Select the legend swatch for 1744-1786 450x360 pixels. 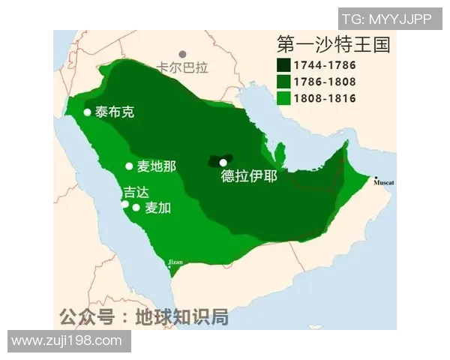[285, 65]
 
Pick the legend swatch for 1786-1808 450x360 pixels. [285, 82]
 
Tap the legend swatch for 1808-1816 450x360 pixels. [285, 98]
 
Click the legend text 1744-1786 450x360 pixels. [325, 65]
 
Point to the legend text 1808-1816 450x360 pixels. [325, 98]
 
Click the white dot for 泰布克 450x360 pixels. [87, 112]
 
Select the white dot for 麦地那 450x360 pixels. [129, 166]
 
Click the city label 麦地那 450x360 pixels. [156, 166]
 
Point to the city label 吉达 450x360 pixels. [136, 192]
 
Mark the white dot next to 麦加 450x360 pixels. [136, 208]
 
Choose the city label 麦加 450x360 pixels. [157, 208]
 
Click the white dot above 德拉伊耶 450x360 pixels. [223, 162]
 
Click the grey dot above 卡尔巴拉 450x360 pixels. [182, 55]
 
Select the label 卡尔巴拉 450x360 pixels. [182, 68]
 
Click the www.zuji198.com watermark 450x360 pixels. [67, 341]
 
